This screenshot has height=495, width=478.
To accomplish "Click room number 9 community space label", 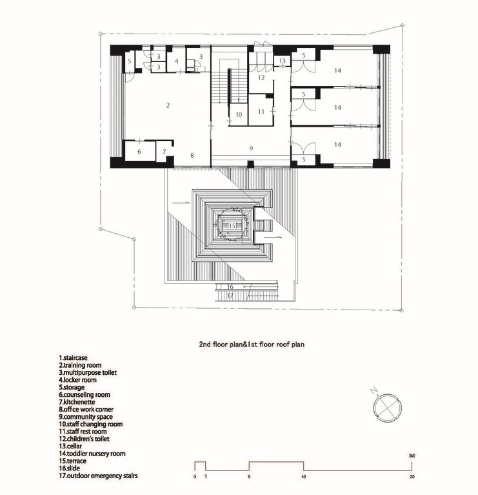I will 252,148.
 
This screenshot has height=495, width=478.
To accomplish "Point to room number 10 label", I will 239,114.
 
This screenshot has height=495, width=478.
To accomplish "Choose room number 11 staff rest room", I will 261,112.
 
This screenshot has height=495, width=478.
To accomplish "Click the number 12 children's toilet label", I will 261,77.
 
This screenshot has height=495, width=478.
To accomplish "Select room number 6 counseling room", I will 137,151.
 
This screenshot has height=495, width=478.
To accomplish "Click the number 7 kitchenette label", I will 164,152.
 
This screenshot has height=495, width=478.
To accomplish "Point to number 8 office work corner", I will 192,154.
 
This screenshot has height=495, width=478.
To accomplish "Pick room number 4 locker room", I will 177,61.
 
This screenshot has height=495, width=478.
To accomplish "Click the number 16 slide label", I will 230,286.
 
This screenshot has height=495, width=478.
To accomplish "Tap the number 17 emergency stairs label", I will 230,295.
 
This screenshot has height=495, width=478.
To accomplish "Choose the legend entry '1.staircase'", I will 77,357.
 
